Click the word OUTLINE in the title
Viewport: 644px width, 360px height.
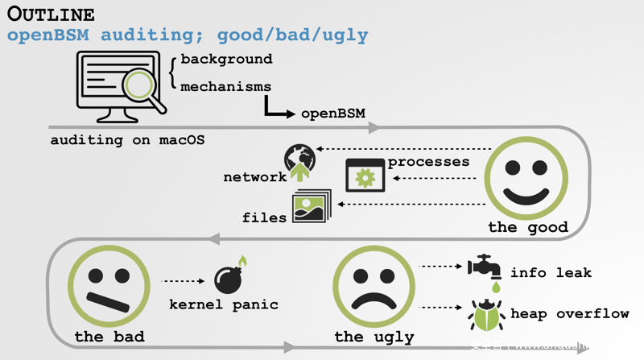tap(51, 14)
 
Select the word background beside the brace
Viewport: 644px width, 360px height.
tap(226, 60)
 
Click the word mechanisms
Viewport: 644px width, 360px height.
tap(225, 86)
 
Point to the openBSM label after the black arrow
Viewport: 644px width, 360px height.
tap(333, 114)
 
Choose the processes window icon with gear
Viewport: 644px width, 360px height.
tap(365, 175)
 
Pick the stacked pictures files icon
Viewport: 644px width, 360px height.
tap(312, 206)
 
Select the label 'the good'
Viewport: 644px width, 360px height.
tap(527, 227)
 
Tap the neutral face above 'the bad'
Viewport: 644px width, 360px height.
tap(109, 286)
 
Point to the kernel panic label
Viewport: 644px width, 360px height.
tap(224, 304)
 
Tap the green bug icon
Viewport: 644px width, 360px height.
tap(486, 314)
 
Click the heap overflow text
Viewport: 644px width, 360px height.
tap(569, 314)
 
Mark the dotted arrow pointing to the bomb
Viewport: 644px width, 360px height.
tap(184, 281)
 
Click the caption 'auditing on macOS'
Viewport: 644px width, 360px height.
tap(127, 140)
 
